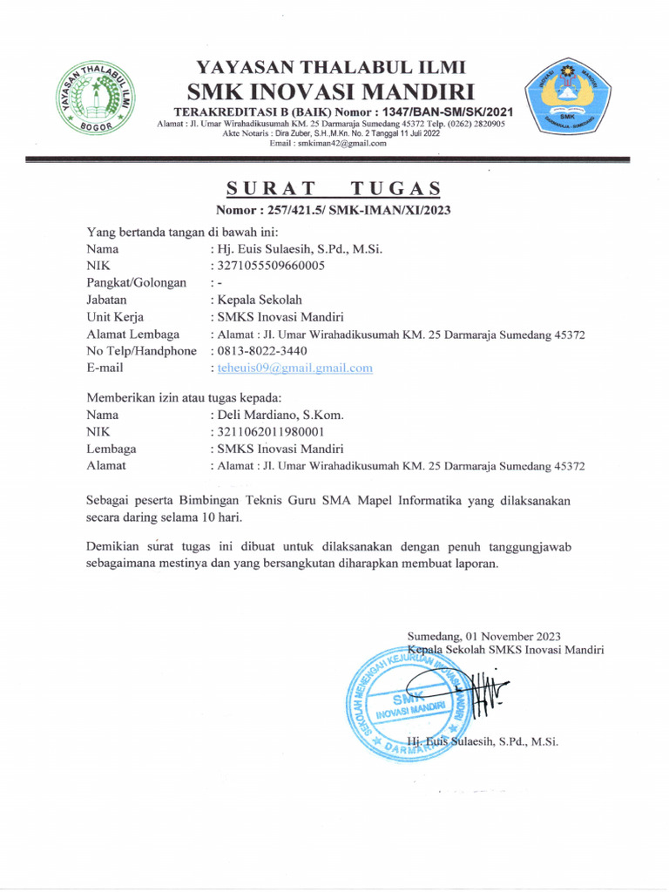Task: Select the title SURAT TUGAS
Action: (334, 189)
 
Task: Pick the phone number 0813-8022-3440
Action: (262, 351)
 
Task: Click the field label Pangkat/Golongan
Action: (137, 283)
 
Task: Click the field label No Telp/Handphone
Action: (141, 351)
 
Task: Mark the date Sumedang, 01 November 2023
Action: (484, 636)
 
